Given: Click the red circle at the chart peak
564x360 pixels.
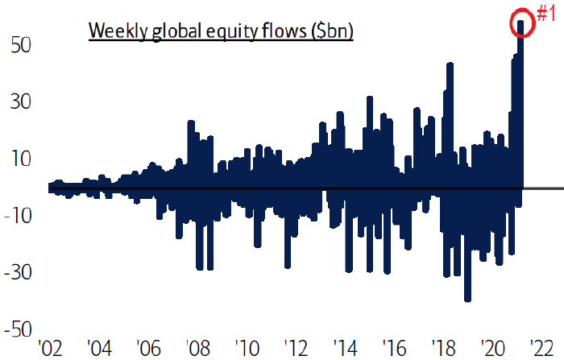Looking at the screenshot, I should (522, 23).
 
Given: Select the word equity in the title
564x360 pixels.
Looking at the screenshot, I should (222, 32).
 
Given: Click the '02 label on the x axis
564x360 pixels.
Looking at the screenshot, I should (50, 349).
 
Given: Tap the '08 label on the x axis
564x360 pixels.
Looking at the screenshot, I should (199, 349).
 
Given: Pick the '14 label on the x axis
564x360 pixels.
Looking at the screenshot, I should (347, 349).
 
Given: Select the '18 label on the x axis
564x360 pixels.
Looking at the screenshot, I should (446, 349).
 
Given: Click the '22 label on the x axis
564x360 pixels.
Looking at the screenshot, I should (545, 349).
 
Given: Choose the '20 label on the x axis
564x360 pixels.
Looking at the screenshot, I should (495, 349).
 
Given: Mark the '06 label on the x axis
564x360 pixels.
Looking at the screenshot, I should (149, 349).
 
